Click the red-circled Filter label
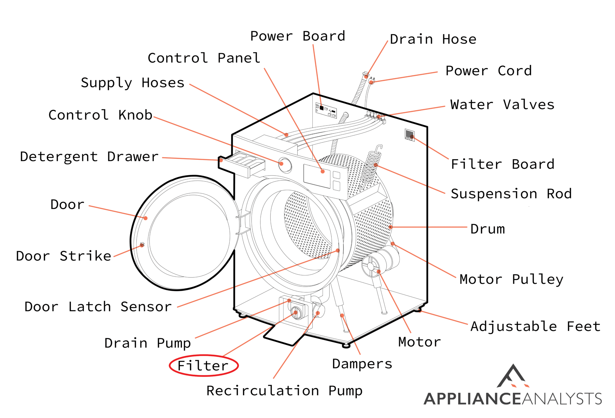tap(203, 365)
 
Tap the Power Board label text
tap(298, 36)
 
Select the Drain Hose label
tap(433, 39)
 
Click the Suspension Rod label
tap(511, 194)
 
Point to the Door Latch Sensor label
tap(98, 307)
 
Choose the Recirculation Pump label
tap(284, 391)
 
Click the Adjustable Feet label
tap(535, 326)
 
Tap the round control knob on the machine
tap(284, 165)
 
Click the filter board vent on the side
tap(409, 134)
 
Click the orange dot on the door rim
tap(145, 218)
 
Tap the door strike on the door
tap(142, 245)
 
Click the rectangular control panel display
tap(317, 176)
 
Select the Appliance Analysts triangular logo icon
tap(513, 377)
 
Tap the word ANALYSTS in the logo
tap(562, 399)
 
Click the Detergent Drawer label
tap(89, 157)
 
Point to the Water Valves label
tap(502, 105)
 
